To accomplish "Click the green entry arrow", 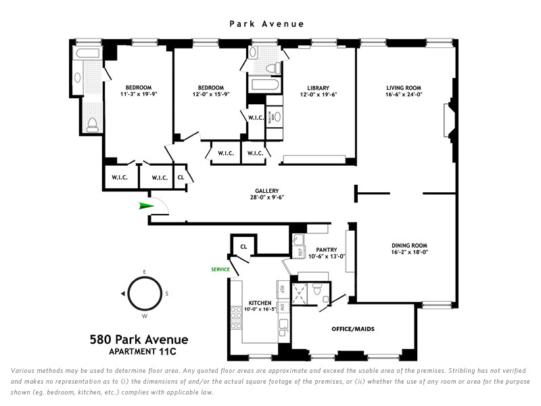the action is coord(145,206).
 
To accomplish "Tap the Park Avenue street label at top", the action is coord(266,24).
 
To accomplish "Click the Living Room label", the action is coord(404,88).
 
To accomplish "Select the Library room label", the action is coord(318,88).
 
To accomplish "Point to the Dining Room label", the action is coord(409,246).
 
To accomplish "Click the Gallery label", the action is coord(266,191).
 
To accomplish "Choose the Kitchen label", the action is coord(260,302).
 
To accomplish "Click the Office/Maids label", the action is coord(352,329).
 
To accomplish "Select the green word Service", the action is coord(220,269).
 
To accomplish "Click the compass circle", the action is coord(143,294).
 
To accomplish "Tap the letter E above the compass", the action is coord(143,272).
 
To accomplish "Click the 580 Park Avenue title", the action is coord(139,340).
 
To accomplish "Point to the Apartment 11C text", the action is coord(140,352).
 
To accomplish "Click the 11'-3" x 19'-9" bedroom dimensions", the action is coord(138,95).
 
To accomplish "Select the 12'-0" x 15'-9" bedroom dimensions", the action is coord(211,95).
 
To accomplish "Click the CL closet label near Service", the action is coord(243,247).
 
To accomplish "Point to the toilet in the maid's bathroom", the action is coord(327,297).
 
